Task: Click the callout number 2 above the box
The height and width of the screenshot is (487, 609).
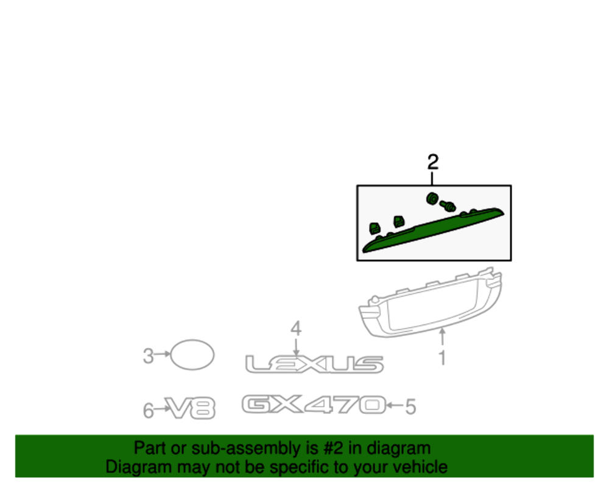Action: [432, 162]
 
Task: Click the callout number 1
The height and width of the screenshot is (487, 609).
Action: [442, 358]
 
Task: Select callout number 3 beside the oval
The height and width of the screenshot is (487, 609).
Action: [149, 356]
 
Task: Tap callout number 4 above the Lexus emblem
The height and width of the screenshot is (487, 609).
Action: [296, 329]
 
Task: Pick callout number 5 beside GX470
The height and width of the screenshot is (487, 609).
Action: [410, 407]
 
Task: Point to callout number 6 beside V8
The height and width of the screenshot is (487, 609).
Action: [149, 411]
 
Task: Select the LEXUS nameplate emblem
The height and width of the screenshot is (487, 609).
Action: [314, 364]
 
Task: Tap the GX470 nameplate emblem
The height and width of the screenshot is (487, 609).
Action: [314, 404]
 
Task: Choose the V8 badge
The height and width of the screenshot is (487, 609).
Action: [190, 408]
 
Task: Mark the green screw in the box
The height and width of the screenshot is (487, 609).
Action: [448, 205]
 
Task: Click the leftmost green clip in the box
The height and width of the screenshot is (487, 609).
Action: [375, 228]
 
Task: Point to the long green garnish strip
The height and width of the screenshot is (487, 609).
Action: [433, 230]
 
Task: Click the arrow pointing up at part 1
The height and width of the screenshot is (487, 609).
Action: [442, 337]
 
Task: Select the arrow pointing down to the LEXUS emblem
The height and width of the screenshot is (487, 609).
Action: [296, 346]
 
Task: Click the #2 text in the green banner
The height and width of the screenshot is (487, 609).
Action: [333, 448]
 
